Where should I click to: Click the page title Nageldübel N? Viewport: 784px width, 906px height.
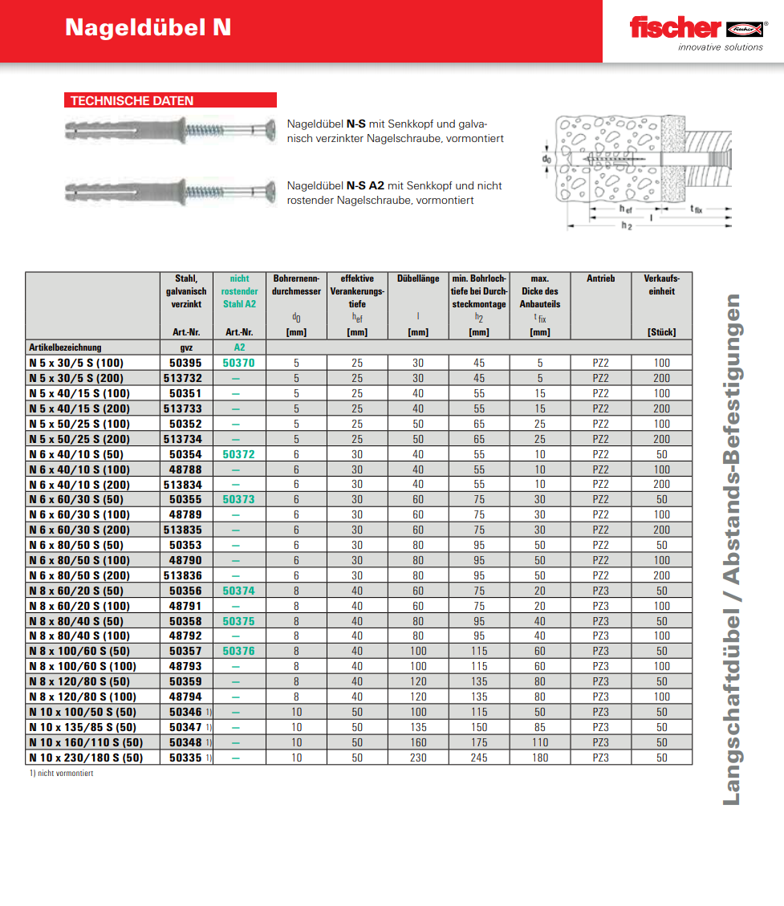point(148,27)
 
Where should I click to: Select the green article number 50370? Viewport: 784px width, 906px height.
point(238,363)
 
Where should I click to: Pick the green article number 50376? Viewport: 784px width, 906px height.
point(238,651)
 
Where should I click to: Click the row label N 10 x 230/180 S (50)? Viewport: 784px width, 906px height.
point(85,758)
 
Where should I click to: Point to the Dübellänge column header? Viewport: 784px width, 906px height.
point(418,278)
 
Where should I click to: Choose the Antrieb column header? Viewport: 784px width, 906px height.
point(600,278)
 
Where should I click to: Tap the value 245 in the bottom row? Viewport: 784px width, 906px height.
point(479,758)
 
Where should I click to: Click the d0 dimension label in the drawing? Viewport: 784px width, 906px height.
point(546,159)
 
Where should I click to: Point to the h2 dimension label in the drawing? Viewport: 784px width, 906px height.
point(626,227)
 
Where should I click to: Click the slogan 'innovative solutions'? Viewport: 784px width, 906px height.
point(720,47)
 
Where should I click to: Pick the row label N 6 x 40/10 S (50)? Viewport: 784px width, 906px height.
point(75,454)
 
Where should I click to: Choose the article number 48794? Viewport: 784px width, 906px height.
point(185,697)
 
